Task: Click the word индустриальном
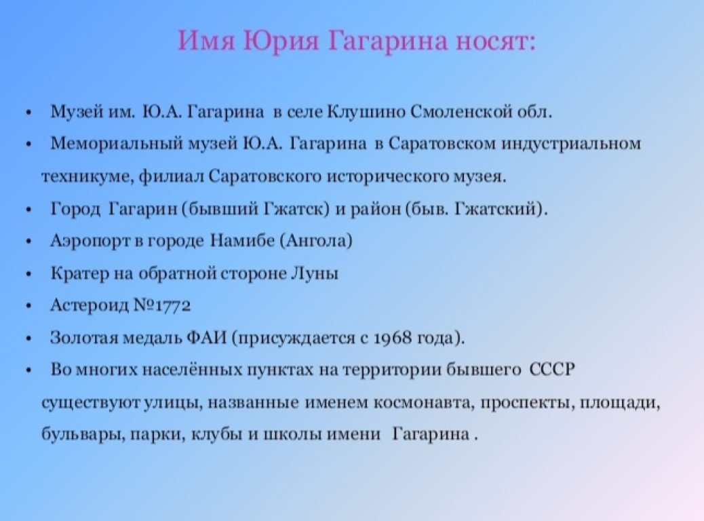pos(571,144)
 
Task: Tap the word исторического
pos(387,176)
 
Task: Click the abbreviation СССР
pos(552,369)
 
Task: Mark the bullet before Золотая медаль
pos(29,339)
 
